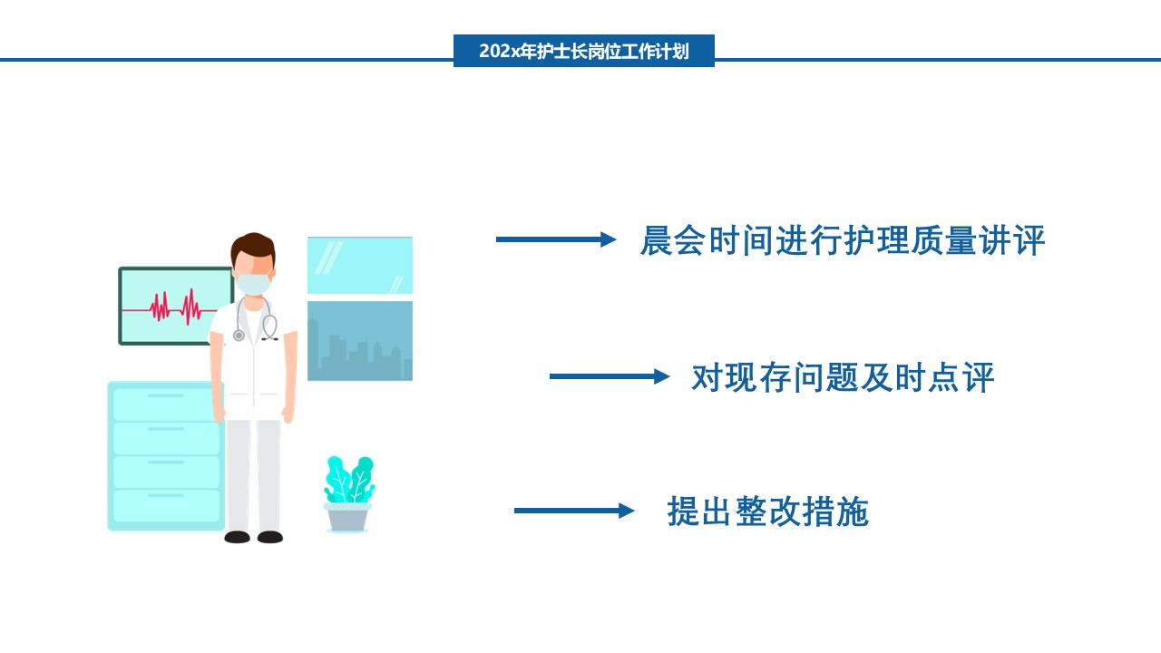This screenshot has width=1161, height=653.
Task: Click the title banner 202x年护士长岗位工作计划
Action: click(583, 51)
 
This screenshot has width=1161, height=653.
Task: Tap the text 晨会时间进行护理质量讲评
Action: click(843, 240)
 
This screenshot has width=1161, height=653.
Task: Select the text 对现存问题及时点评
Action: click(843, 377)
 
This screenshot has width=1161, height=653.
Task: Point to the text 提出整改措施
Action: click(767, 512)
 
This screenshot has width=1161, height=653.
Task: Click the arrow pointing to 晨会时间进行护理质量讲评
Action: click(556, 239)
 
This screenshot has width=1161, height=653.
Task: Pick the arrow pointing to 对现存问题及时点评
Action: click(610, 376)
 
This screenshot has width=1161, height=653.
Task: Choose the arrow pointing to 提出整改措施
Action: click(574, 511)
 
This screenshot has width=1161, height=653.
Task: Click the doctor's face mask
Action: click(253, 284)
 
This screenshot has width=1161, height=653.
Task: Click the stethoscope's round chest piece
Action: click(239, 336)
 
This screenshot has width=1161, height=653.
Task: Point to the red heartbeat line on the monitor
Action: click(170, 307)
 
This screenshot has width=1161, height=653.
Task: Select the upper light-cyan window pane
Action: click(360, 266)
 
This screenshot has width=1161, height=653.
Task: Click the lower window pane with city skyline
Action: click(360, 341)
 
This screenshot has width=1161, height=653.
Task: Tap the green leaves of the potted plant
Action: click(349, 480)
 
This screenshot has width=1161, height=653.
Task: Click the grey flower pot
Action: click(347, 518)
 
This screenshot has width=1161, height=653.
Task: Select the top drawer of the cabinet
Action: click(166, 404)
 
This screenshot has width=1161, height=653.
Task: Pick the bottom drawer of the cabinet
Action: click(166, 506)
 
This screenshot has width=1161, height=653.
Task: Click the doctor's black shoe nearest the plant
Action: click(270, 537)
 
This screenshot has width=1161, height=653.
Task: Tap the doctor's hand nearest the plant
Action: click(288, 414)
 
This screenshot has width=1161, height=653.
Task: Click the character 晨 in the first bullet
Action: click(657, 240)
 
